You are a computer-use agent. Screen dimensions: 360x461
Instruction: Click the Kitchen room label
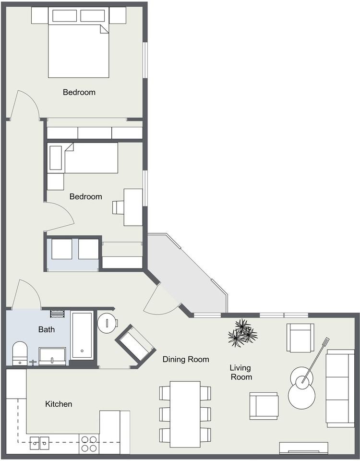[59, 404]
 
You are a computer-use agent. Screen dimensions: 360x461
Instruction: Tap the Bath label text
[47, 329]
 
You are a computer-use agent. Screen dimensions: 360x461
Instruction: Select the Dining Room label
[186, 359]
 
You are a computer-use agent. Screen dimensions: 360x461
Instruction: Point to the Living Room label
[240, 372]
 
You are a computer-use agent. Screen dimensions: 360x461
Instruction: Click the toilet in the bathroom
[20, 353]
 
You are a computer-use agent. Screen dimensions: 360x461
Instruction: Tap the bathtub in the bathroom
[82, 336]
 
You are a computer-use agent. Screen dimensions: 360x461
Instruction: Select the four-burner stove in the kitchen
[89, 444]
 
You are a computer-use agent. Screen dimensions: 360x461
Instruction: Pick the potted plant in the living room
[242, 333]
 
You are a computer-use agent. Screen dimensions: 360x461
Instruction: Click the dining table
[185, 414]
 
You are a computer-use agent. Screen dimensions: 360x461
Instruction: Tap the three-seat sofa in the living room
[340, 388]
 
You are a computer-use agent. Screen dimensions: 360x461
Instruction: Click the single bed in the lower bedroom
[83, 158]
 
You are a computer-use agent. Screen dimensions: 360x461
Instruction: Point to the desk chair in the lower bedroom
[118, 207]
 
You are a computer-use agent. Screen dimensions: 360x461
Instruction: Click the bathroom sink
[52, 356]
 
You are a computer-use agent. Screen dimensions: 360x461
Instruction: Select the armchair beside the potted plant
[300, 338]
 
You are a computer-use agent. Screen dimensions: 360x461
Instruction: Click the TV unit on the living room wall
[303, 448]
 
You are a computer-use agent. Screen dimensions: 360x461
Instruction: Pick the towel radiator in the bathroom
[57, 314]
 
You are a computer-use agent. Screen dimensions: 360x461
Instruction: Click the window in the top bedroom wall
[145, 60]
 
